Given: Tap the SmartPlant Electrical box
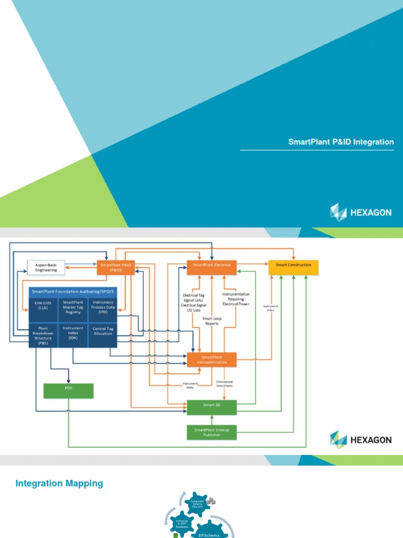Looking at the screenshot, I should (x=211, y=265).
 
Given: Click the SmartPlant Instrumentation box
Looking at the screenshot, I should (x=211, y=359).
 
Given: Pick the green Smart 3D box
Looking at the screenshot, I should (x=211, y=406).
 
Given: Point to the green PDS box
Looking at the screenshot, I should (x=68, y=390).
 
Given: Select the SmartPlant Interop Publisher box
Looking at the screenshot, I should (x=211, y=432).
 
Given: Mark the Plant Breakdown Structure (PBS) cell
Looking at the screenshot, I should (x=44, y=333).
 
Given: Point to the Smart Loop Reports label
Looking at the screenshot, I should (x=211, y=321).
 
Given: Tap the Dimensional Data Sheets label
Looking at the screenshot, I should (x=225, y=384).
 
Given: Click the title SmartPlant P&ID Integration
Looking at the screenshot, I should (x=341, y=142).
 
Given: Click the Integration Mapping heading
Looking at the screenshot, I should (x=59, y=483).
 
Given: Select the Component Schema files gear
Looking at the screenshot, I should (x=197, y=504).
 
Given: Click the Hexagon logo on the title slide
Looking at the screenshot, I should (x=360, y=212).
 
